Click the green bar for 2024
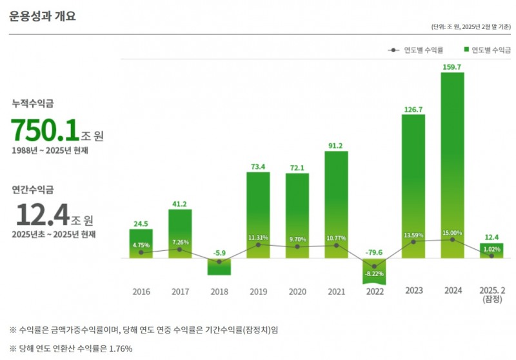pos(452,165)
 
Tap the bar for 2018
pos(219,266)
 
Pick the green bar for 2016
pos(141,243)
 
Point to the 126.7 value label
pos(413,109)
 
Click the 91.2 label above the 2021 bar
pos(335,145)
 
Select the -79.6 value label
pos(374,252)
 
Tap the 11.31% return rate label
pos(259,237)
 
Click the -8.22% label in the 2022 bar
pos(374,274)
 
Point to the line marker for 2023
pos(413,241)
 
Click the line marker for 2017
pos(180,249)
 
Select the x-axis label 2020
pos(297,292)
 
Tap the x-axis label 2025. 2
pos(491,291)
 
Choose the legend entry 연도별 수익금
pos(490,50)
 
